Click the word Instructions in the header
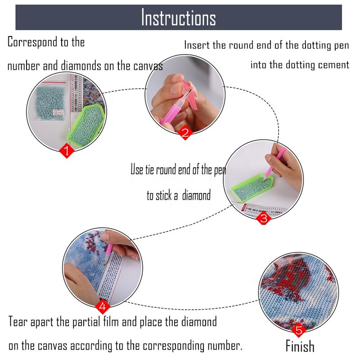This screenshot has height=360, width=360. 178,18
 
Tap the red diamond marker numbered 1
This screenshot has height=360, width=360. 67,151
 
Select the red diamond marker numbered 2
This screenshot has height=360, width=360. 185,132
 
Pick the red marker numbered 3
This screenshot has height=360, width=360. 264,218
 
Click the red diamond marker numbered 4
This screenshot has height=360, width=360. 103,306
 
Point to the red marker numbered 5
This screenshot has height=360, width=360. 299,330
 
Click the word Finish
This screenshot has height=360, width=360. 300,346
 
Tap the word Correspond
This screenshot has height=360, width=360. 32,42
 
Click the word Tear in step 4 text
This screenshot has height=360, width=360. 18,321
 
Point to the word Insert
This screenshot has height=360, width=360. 197,45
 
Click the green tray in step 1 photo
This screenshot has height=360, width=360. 86,126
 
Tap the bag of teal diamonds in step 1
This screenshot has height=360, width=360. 50,101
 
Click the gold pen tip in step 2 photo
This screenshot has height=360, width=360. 189,93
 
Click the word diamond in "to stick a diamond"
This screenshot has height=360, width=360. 196,195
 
